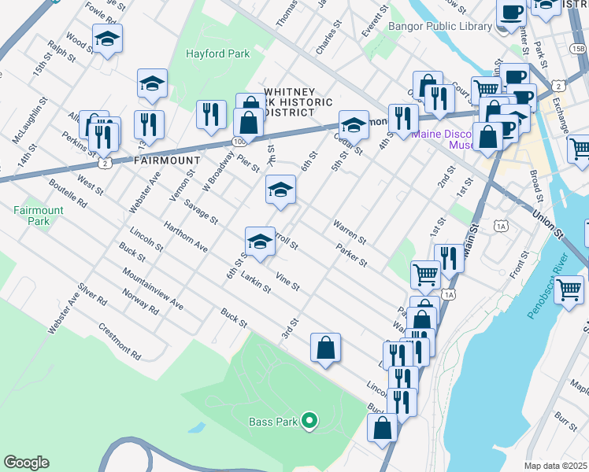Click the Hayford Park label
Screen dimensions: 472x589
(217, 54)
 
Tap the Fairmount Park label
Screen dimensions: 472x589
(31, 216)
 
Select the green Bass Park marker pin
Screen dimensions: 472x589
(309, 422)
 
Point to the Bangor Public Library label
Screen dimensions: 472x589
(440, 26)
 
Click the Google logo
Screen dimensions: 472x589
(26, 463)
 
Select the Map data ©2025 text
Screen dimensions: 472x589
(556, 466)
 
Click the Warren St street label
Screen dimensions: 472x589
(350, 232)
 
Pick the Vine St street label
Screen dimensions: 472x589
(287, 281)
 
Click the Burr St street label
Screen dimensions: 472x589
(565, 420)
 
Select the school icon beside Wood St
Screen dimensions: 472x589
(107, 38)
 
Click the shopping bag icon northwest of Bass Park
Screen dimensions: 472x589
(325, 348)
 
